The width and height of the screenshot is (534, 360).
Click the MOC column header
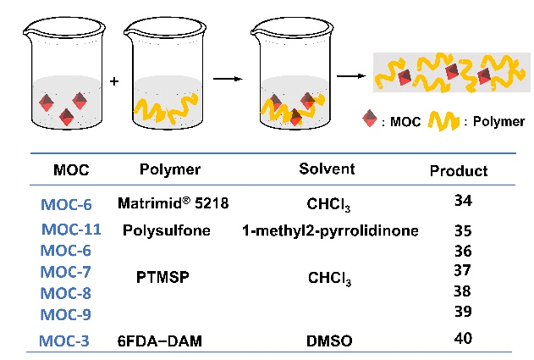pos(64,169)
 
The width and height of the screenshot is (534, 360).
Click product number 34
pos(462,202)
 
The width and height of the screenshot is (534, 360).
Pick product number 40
pos(462,339)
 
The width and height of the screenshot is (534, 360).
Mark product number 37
pos(462,269)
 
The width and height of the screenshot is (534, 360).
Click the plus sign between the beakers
pos(114,81)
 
